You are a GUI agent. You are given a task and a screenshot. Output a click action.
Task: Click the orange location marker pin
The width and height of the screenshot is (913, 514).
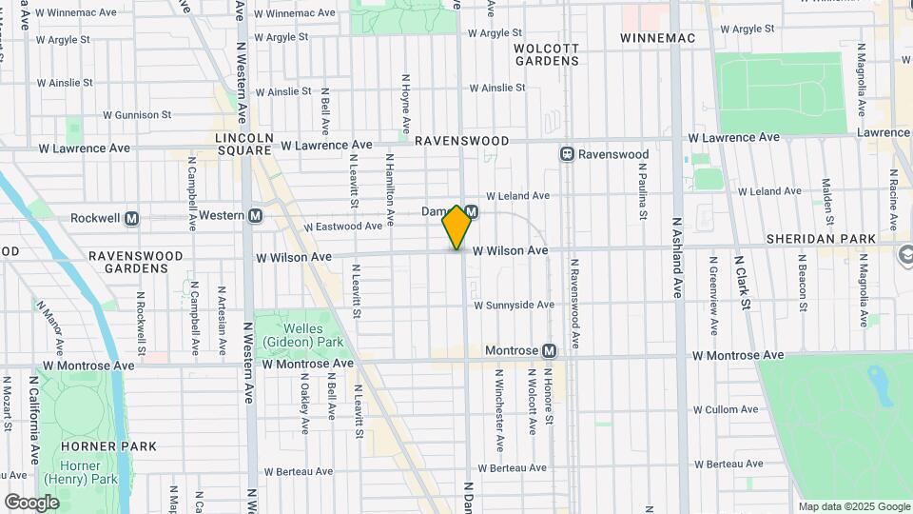(x=456, y=227)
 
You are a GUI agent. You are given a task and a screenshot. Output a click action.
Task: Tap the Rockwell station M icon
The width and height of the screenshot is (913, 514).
(x=131, y=218)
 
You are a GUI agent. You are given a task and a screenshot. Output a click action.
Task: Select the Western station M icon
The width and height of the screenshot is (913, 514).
(x=255, y=216)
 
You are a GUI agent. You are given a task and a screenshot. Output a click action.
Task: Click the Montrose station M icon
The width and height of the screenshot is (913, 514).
(x=549, y=351)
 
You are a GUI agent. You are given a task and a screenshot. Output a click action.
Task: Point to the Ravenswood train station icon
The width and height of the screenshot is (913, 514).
(x=567, y=154)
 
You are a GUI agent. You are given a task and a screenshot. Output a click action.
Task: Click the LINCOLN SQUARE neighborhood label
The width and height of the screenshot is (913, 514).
(x=244, y=145)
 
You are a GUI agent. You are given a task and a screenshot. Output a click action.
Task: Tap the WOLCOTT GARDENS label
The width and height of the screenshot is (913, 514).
(x=547, y=54)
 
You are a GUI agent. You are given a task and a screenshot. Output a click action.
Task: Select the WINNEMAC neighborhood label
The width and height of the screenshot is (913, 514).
(x=658, y=38)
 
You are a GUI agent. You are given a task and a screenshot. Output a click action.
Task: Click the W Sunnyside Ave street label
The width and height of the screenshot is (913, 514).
(x=514, y=306)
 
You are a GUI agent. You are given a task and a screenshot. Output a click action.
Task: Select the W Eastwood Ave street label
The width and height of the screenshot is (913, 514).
(x=343, y=227)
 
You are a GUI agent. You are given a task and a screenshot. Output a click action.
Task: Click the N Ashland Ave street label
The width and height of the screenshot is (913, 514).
(x=677, y=257)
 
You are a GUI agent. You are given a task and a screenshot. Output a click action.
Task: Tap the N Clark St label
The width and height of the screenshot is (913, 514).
(x=742, y=282)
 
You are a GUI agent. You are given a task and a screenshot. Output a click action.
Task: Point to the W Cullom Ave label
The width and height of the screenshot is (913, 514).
(x=726, y=410)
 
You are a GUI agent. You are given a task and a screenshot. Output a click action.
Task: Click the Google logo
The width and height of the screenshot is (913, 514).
(x=31, y=502)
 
